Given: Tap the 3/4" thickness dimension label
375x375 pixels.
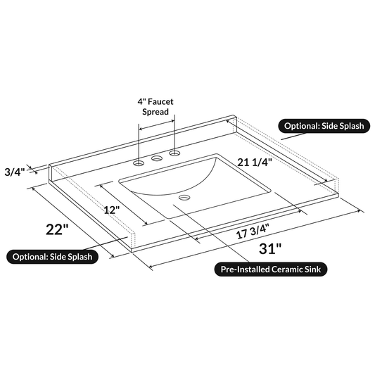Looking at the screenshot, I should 15,171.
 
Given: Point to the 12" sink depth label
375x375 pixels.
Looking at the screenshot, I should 110,209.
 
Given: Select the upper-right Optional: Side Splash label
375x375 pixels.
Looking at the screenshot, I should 324,127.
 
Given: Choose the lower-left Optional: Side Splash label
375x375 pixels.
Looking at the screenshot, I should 52,256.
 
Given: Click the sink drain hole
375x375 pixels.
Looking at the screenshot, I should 184,198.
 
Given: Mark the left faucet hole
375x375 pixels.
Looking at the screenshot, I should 139,163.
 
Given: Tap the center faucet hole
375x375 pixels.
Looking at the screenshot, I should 156,158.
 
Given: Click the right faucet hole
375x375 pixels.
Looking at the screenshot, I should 173,153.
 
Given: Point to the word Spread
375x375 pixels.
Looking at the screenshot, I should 155,112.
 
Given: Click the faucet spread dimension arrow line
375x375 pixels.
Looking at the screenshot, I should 156,126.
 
